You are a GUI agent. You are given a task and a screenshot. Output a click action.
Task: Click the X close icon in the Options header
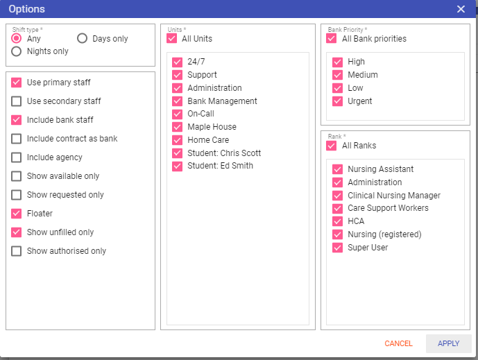461,9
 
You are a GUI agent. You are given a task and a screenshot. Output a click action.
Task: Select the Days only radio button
82,38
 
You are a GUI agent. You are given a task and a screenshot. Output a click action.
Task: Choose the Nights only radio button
16,51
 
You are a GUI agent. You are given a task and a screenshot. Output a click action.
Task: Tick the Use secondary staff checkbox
16,101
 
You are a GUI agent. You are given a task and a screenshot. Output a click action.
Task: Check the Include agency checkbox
16,157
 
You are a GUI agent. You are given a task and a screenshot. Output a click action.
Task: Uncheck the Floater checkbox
16,214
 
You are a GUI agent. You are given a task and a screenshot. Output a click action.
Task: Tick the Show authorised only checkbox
16,251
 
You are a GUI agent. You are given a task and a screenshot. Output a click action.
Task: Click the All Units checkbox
171,38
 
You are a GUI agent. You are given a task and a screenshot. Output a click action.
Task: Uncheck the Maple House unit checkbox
177,127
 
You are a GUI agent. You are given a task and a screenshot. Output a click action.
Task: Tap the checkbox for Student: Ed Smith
177,166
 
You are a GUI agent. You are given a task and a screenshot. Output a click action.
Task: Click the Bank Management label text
222,101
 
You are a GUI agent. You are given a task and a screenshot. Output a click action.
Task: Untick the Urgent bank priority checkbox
337,101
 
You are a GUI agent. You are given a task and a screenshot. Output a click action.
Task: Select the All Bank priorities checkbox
332,38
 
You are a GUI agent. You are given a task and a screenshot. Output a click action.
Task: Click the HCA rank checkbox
337,221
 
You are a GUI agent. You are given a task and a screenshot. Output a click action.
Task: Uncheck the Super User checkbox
337,248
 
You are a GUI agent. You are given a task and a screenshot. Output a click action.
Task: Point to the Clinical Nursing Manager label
394,196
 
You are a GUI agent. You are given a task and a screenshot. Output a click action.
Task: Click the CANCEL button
398,343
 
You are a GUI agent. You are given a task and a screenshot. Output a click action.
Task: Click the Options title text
27,9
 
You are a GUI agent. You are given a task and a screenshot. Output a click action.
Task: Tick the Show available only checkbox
16,176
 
